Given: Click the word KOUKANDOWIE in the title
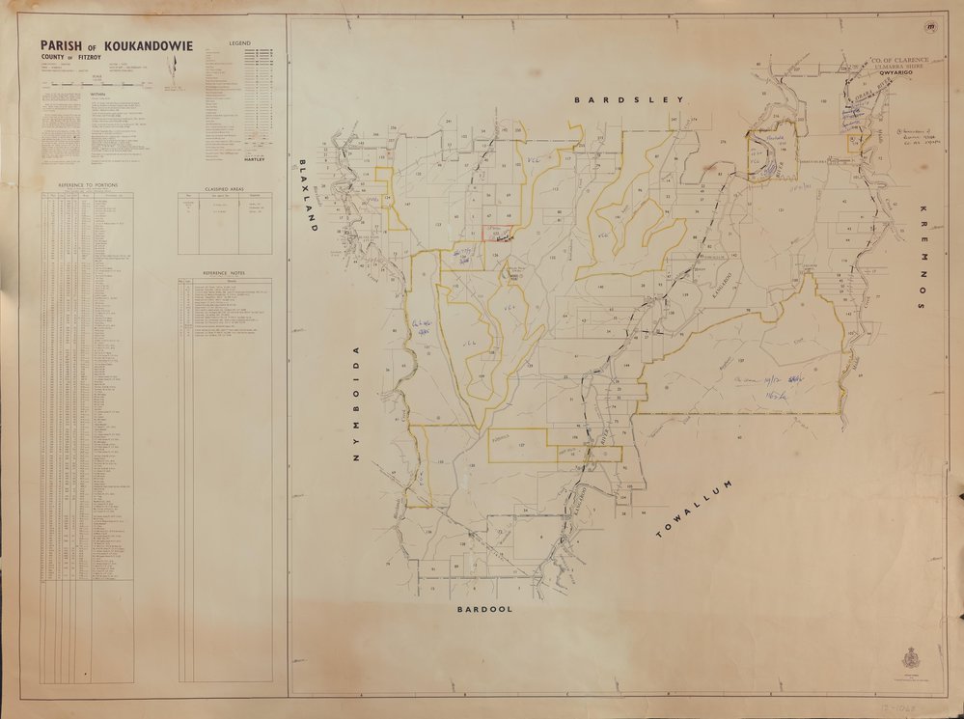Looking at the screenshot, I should click(149, 45).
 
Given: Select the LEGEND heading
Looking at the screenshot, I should click(239, 44).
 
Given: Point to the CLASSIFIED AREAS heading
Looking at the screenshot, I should click(224, 189).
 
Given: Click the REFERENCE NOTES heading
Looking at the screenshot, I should click(224, 273).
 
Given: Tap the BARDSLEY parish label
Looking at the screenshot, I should click(628, 99).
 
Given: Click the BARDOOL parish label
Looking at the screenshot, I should click(484, 610).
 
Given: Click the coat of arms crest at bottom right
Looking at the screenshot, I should click(909, 658).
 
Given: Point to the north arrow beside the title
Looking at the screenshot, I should click(174, 69).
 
